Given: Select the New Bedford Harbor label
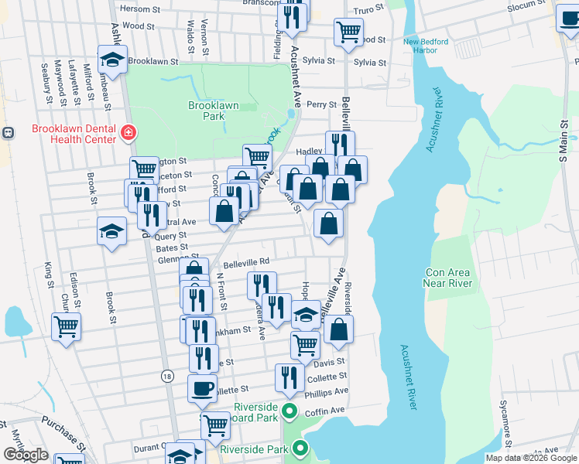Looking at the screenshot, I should [420, 46].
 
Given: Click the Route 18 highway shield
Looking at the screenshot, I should [167, 376].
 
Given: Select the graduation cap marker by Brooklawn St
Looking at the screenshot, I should [112, 59].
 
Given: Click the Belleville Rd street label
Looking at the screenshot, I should [245, 261].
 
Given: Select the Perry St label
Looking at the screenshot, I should [322, 104].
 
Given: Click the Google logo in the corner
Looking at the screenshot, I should [26, 455].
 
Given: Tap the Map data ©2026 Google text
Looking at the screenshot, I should [530, 458].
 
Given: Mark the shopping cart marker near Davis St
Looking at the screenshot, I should [306, 344].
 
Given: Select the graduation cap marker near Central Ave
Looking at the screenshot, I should [112, 230].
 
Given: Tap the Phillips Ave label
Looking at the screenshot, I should [328, 392].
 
